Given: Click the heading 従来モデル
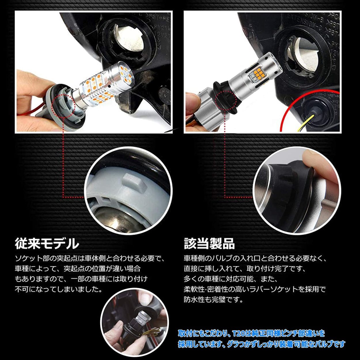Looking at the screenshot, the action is click(47, 243).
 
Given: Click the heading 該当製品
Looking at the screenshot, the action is click(209, 243).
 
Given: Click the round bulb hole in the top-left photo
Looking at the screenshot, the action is click(126, 40).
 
